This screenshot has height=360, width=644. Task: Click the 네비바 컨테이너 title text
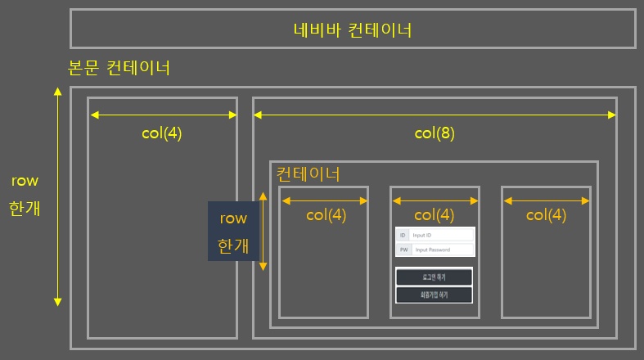(x=352, y=30)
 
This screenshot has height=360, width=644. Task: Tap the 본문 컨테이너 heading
(x=119, y=67)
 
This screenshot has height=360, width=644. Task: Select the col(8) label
(x=434, y=133)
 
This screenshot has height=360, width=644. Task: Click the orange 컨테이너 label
(x=308, y=173)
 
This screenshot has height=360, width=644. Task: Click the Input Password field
(x=442, y=250)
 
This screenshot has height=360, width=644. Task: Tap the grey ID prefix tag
(x=402, y=235)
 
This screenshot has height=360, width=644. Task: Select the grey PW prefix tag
(x=403, y=250)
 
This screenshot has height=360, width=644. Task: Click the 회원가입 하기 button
(x=434, y=294)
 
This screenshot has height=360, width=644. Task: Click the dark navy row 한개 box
(x=233, y=232)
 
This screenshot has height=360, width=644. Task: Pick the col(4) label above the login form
(x=434, y=215)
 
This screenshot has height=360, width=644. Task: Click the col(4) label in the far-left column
(x=162, y=133)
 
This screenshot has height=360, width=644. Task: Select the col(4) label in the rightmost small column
(x=546, y=215)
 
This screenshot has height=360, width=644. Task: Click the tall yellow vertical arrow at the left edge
(x=57, y=196)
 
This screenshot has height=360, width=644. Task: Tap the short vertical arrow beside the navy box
(x=263, y=232)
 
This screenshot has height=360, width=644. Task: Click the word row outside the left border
(x=25, y=181)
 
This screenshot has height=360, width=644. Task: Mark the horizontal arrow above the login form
(x=434, y=200)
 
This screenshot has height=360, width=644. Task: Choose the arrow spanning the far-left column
(x=162, y=115)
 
